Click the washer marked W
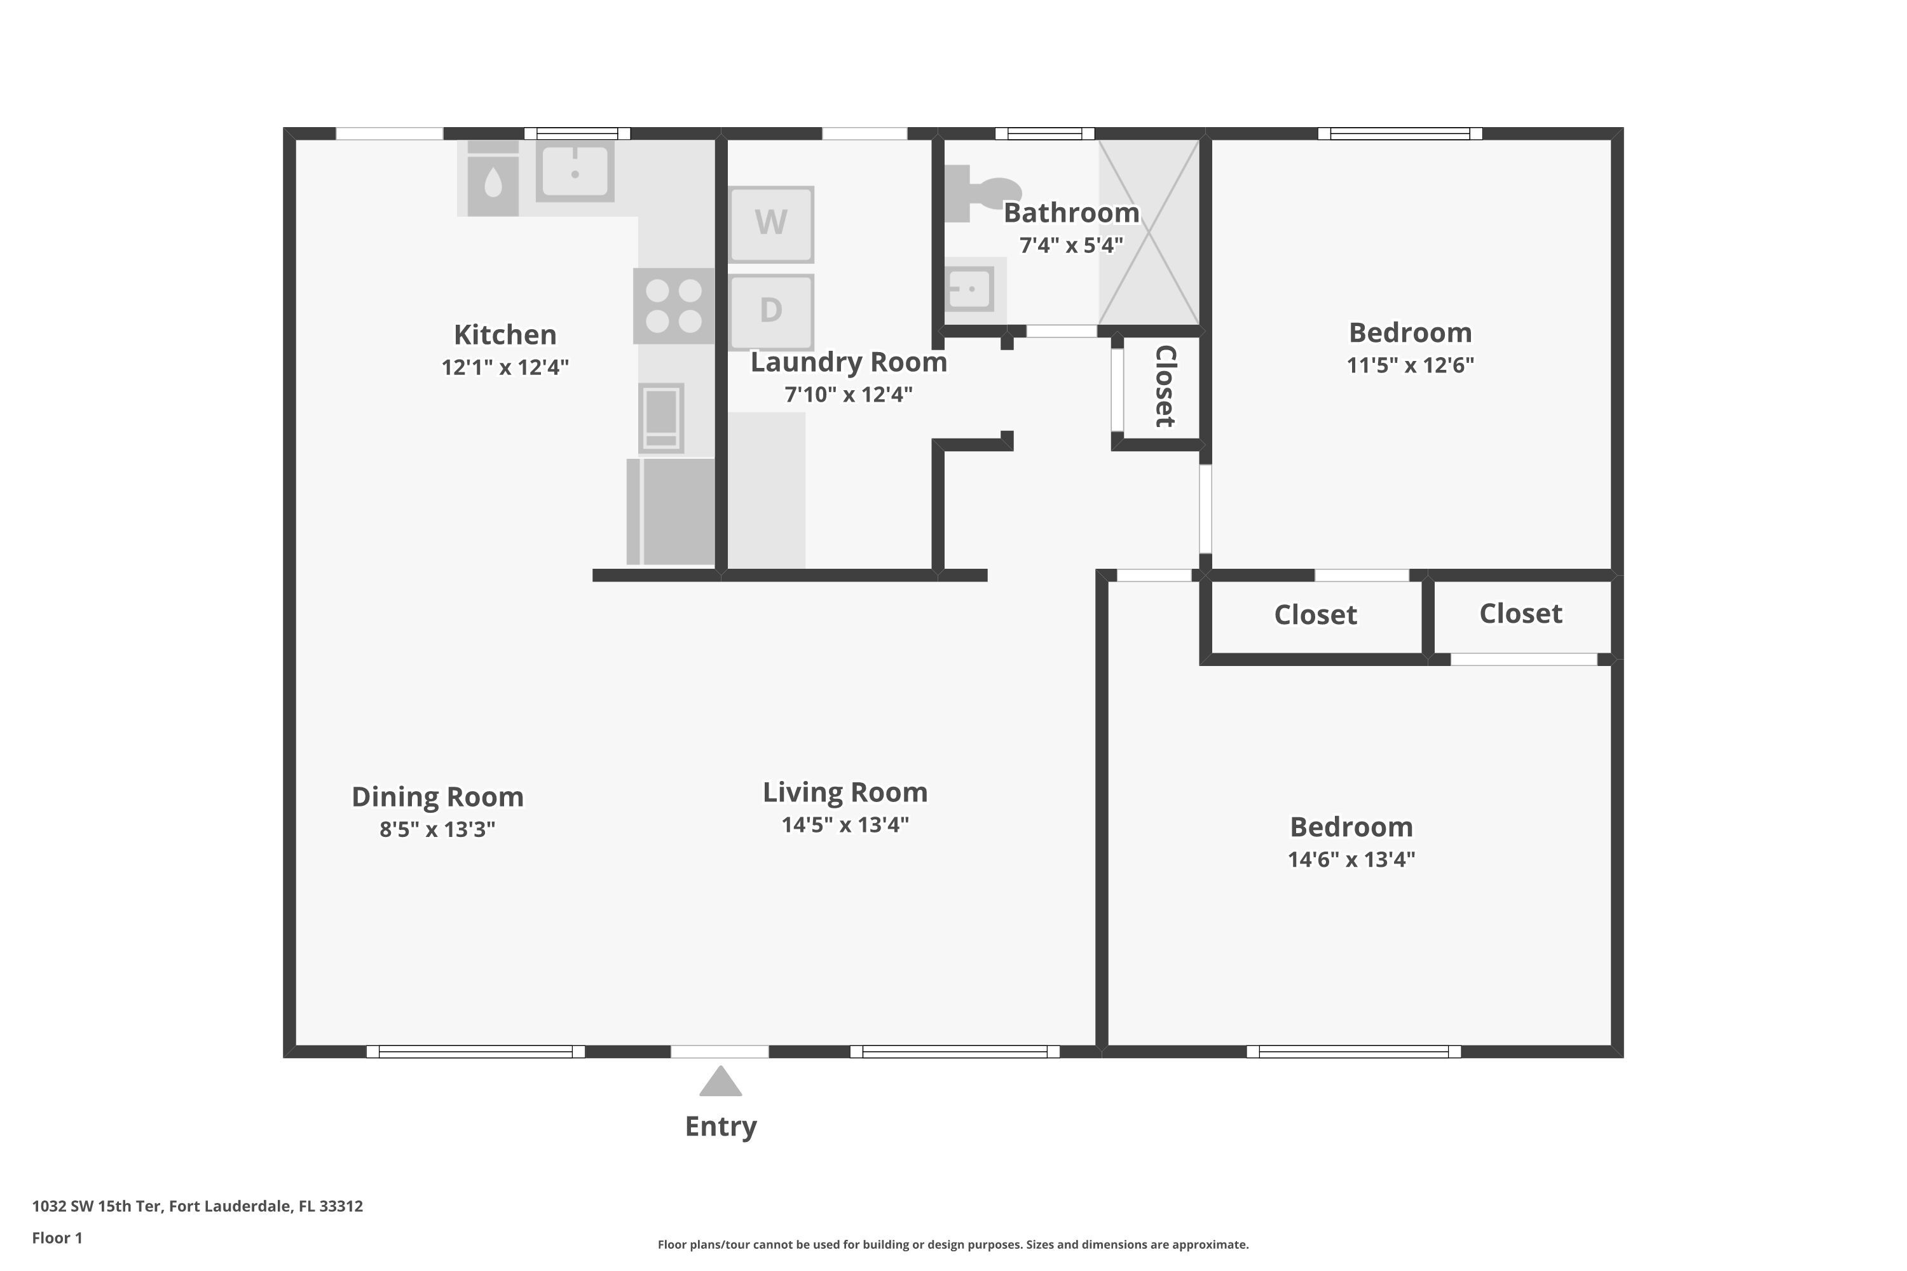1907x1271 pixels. [x=770, y=224]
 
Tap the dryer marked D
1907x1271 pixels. [x=770, y=311]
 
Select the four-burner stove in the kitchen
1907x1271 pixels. [x=674, y=306]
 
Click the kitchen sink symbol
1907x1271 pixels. [x=575, y=171]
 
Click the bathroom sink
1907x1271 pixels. [x=971, y=289]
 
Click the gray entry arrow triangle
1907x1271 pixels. [x=720, y=1082]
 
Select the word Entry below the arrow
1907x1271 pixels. [x=720, y=1126]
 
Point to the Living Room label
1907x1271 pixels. [x=845, y=792]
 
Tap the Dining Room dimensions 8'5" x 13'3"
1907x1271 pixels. [x=437, y=829]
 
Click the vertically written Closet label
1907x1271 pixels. [x=1165, y=386]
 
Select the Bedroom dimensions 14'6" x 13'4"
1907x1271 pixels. [x=1351, y=859]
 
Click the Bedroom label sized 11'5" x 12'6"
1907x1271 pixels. [x=1410, y=332]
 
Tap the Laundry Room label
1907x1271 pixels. [x=848, y=362]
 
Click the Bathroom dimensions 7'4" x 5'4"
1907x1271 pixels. [x=1070, y=245]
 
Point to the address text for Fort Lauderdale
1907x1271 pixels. [x=197, y=1206]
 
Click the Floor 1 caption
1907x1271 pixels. [x=57, y=1238]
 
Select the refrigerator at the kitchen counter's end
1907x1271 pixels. [x=671, y=511]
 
